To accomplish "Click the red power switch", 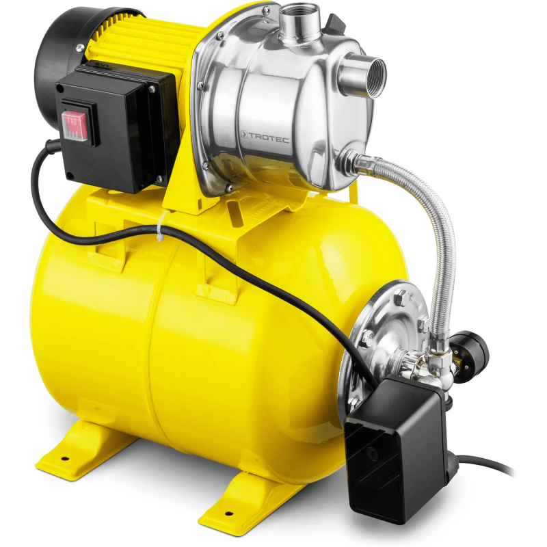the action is pyautogui.click(x=75, y=124).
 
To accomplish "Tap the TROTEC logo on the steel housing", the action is pyautogui.click(x=265, y=137).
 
